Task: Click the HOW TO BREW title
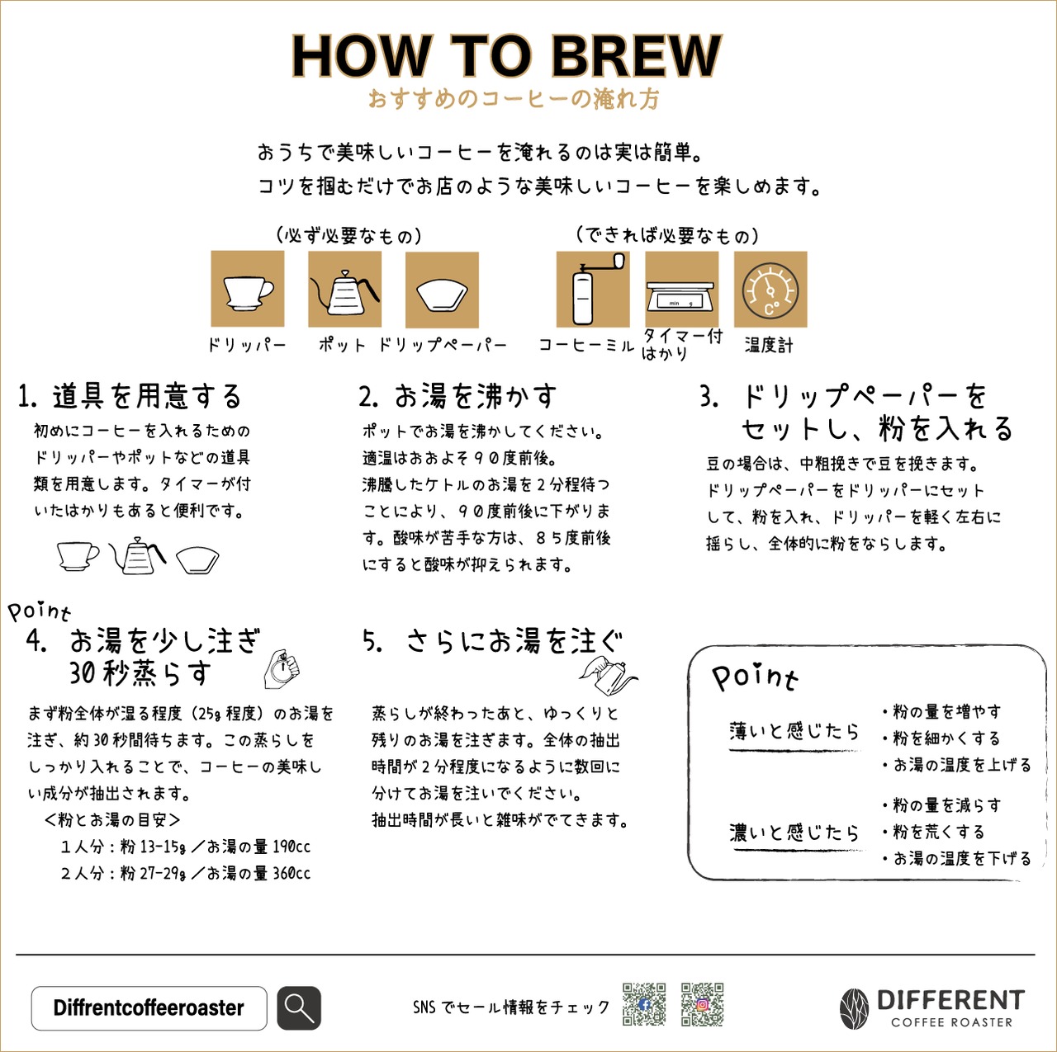click(x=506, y=56)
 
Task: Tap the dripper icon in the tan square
click(x=248, y=290)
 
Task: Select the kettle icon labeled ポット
click(x=344, y=290)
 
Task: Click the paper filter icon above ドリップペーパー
click(x=442, y=290)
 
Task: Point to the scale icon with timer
click(x=681, y=290)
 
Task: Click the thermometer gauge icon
click(x=770, y=290)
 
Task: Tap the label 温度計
click(x=769, y=346)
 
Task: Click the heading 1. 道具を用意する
click(x=130, y=397)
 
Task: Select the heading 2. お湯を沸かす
click(x=457, y=397)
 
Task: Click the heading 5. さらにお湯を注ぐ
click(x=493, y=641)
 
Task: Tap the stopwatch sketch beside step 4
click(x=282, y=668)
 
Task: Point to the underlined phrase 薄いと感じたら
click(x=794, y=732)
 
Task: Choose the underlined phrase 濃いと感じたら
click(x=794, y=833)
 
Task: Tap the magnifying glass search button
click(x=298, y=1007)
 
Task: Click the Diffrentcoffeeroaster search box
click(x=149, y=1007)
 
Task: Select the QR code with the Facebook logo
click(x=644, y=1004)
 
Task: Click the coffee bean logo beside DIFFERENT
click(x=855, y=1008)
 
